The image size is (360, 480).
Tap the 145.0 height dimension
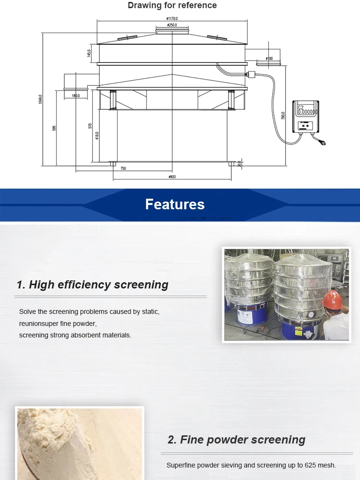(x=89, y=53)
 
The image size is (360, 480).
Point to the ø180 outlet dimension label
(x=269, y=59)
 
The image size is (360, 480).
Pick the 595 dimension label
(x=54, y=128)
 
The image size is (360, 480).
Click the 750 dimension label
(x=123, y=168)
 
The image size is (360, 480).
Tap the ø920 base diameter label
(x=172, y=177)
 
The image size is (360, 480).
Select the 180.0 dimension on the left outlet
(x=76, y=96)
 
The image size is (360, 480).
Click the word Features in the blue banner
(x=175, y=204)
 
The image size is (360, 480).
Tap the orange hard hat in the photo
(x=332, y=300)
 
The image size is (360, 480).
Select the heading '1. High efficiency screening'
(x=92, y=285)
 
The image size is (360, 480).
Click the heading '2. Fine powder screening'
(x=236, y=440)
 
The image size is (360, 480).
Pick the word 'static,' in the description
(x=151, y=312)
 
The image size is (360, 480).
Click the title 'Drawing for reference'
(x=172, y=5)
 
